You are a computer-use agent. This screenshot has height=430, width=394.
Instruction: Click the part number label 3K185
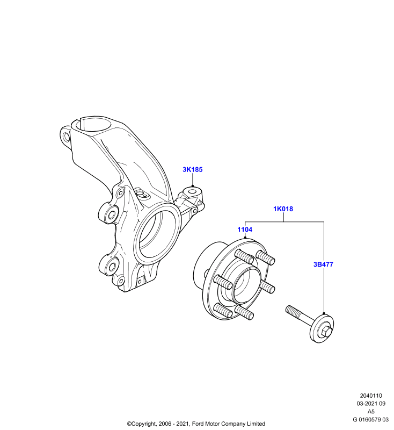click(x=193, y=169)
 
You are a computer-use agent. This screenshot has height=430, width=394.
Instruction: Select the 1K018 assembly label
click(x=283, y=209)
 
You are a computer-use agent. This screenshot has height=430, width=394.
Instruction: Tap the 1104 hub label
click(x=245, y=230)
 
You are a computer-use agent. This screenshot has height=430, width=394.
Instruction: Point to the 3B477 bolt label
click(x=323, y=264)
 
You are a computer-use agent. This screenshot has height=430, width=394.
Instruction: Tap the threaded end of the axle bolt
click(x=292, y=311)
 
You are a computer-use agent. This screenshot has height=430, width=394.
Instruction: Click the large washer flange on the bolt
click(x=323, y=328)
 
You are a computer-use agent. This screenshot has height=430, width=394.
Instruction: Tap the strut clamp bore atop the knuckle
click(x=93, y=125)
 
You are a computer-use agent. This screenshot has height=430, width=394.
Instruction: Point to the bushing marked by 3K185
click(x=193, y=192)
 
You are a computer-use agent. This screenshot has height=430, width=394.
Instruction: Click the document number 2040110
click(x=371, y=396)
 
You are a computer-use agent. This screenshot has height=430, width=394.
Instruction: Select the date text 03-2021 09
click(x=371, y=404)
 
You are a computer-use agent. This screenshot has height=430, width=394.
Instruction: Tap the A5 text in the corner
click(x=371, y=412)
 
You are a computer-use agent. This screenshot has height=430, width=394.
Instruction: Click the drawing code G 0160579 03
click(x=371, y=420)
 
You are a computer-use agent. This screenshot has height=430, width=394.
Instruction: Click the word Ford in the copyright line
click(x=197, y=424)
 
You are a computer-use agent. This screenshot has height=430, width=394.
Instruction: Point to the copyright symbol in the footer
click(x=129, y=424)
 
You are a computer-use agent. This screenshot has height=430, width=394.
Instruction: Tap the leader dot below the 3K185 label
click(x=193, y=186)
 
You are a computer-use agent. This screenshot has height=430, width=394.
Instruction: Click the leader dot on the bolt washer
click(x=324, y=313)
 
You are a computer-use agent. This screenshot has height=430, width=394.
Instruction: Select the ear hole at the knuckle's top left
click(x=65, y=137)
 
